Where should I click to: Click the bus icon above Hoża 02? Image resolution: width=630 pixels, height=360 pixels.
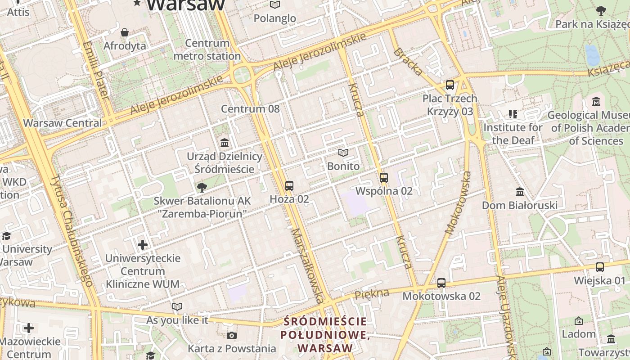(x=289, y=185)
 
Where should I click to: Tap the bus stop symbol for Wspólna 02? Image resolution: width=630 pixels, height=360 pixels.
(x=383, y=178)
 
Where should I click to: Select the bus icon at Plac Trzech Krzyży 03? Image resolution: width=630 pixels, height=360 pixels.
(x=450, y=85)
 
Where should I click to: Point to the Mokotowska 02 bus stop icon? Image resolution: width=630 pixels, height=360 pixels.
(x=441, y=283)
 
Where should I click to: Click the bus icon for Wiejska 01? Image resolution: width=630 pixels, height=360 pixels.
(x=600, y=267)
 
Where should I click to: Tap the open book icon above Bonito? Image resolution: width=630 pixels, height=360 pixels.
(x=343, y=153)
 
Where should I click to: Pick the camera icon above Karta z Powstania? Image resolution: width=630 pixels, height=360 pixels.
(x=232, y=335)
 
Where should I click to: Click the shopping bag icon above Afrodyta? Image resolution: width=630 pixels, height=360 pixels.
(x=125, y=32)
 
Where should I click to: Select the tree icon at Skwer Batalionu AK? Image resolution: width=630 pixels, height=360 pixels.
(x=202, y=187)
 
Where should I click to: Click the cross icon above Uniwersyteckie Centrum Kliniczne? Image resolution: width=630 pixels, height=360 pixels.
(x=143, y=245)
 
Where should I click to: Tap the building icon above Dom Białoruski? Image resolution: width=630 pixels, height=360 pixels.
(x=520, y=192)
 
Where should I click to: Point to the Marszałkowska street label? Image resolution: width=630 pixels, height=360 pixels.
(x=308, y=265)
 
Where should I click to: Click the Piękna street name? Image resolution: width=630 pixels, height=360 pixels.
(x=372, y=295)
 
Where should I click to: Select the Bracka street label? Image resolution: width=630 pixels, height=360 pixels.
(x=408, y=62)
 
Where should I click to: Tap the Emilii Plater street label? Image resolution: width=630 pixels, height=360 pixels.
(x=96, y=70)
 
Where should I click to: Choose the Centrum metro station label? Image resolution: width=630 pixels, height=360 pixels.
(x=207, y=49)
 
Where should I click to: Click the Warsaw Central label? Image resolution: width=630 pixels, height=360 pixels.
(x=63, y=123)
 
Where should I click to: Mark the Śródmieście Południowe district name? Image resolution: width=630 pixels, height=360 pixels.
(x=325, y=335)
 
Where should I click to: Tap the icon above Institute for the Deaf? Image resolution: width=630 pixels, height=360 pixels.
(x=513, y=114)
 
